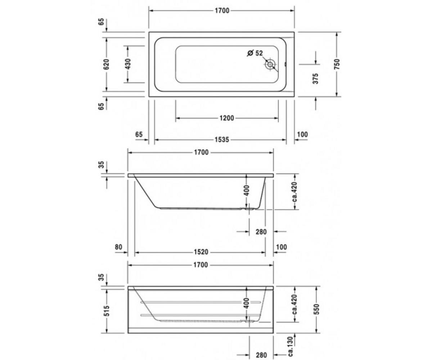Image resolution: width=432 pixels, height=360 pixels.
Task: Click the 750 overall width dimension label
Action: pos(337,64)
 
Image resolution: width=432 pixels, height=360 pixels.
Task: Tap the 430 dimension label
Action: pos(128,64)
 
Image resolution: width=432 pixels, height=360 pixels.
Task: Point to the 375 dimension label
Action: pos(315,78)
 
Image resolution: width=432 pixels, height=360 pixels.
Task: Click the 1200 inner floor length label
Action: pos(227,118)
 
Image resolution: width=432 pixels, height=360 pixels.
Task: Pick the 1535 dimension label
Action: pos(222,140)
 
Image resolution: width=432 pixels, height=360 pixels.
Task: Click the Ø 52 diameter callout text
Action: pos(255,53)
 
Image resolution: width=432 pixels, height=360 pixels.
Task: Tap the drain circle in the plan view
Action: pos(270,64)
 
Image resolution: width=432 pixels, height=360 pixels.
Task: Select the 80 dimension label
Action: pos(118,247)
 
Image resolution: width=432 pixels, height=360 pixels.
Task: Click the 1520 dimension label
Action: pos(201,252)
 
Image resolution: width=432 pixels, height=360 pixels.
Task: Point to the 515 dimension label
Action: pos(107,311)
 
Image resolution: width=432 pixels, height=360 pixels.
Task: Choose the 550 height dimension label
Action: pos(316,309)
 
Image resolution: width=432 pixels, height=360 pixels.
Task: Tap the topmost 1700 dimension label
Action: pos(222,10)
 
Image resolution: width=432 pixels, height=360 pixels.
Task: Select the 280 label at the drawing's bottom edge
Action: pos(261,355)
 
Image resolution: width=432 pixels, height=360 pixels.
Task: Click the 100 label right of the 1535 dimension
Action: pos(302,134)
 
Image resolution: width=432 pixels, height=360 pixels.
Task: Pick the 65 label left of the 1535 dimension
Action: pos(139,134)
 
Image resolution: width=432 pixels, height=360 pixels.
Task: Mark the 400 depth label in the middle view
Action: pos(247,190)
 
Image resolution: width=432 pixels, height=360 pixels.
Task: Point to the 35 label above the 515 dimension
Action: pos(102,278)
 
